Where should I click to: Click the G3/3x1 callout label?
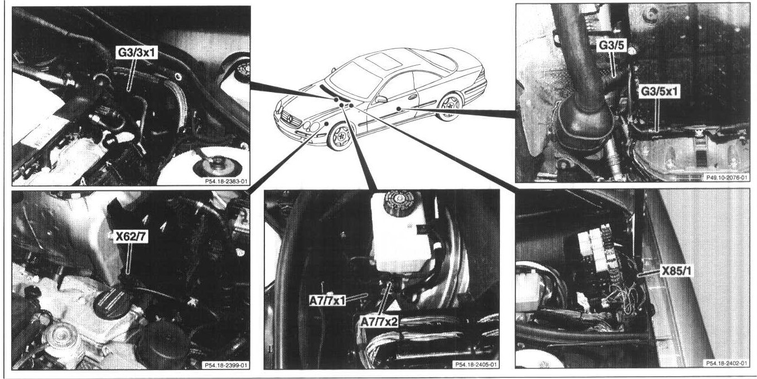(x=136, y=54)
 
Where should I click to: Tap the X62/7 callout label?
(x=131, y=237)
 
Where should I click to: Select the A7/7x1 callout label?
(x=327, y=300)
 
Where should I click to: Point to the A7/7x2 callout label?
(x=379, y=322)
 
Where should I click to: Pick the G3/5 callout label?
(x=611, y=46)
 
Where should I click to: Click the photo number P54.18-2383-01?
(x=226, y=181)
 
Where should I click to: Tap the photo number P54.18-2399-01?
(x=226, y=365)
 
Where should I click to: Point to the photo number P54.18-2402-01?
(x=726, y=363)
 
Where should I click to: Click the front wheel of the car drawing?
(x=340, y=136)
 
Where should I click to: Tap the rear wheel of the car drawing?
(x=450, y=106)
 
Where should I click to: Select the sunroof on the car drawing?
(x=383, y=62)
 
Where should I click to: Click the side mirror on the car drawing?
(x=381, y=99)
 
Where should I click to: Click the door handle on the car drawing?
(x=412, y=97)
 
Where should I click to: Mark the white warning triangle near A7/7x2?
(x=394, y=306)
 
